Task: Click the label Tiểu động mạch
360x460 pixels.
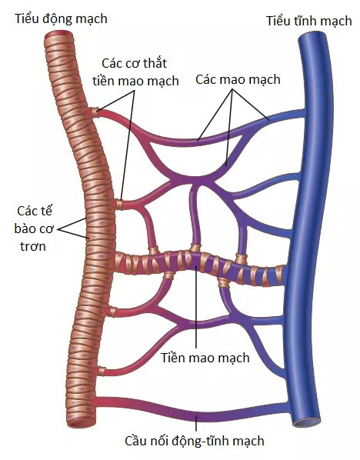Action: pyautogui.click(x=61, y=19)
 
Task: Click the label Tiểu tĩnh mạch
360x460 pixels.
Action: pyautogui.click(x=309, y=21)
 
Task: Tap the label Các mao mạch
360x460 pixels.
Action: pyautogui.click(x=238, y=80)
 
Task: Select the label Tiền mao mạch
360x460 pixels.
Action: pyautogui.click(x=205, y=358)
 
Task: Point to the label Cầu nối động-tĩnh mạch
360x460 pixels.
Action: pyautogui.click(x=195, y=441)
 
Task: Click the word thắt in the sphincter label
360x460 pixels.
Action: pyautogui.click(x=153, y=63)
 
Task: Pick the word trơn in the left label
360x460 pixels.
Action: pyautogui.click(x=33, y=247)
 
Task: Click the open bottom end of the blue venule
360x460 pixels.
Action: pyautogui.click(x=307, y=422)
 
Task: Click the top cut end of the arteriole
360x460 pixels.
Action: pyautogui.click(x=59, y=37)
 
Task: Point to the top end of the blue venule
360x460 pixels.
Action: pyautogui.click(x=312, y=38)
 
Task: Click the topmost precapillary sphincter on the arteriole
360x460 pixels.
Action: pyautogui.click(x=95, y=112)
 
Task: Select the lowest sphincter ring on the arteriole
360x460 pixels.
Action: pyautogui.click(x=102, y=371)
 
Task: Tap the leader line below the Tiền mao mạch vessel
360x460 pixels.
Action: pyautogui.click(x=195, y=307)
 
